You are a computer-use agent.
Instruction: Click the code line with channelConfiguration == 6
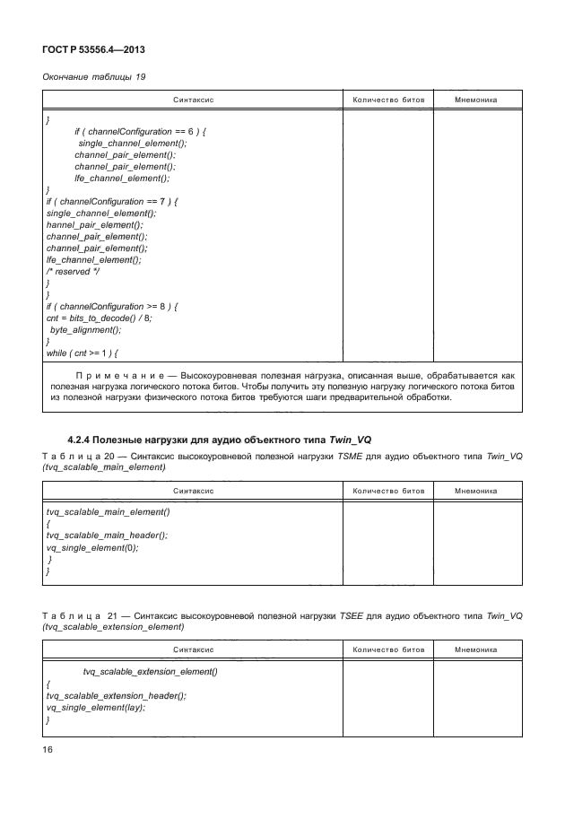(x=141, y=131)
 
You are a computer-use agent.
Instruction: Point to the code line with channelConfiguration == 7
(x=112, y=201)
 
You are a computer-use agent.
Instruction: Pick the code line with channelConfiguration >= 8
(x=112, y=307)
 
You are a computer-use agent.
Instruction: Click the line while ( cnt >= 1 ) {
(x=83, y=353)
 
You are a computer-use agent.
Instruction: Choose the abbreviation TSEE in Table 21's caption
(x=350, y=616)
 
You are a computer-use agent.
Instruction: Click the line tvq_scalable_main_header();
(x=107, y=536)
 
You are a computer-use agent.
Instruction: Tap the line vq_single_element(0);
(x=92, y=547)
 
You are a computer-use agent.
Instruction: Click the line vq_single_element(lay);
(x=95, y=707)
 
